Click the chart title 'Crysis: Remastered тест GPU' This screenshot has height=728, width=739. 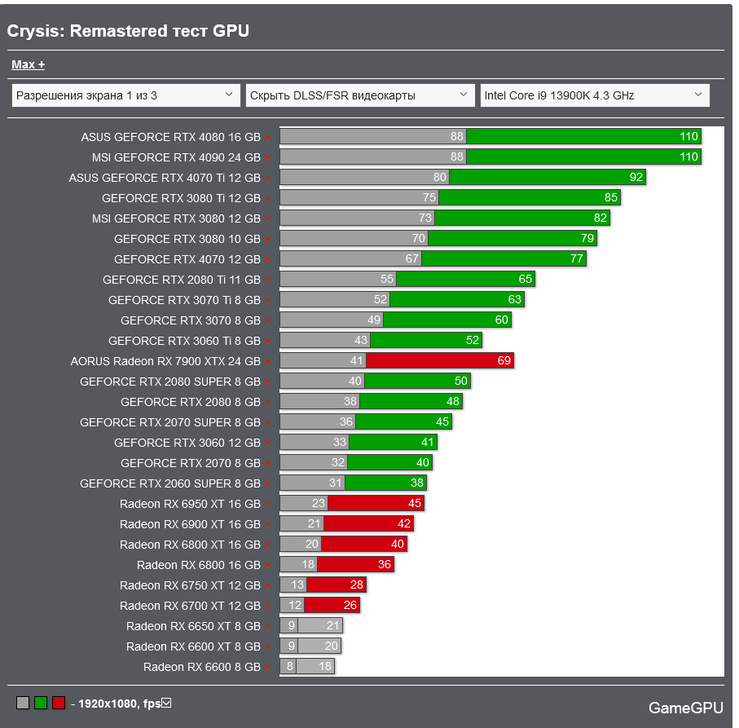point(128,31)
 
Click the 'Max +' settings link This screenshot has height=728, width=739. point(28,64)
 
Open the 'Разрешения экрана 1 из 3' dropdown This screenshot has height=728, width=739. point(126,95)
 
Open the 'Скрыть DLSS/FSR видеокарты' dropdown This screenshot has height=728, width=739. point(360,95)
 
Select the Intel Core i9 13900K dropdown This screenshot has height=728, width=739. point(594,95)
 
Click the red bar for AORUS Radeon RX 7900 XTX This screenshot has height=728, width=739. point(440,361)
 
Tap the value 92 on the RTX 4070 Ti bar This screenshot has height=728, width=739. point(636,178)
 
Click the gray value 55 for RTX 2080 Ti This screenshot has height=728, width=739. point(386,280)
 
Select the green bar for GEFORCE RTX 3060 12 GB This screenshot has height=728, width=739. point(393,443)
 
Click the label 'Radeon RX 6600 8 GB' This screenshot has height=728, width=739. point(201,667)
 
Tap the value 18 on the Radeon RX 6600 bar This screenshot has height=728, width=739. point(324,667)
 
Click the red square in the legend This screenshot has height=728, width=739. point(59,703)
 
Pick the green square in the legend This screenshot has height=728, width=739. point(41,703)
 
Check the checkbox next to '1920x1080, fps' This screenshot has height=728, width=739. point(166,703)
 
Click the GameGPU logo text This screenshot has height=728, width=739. point(684,708)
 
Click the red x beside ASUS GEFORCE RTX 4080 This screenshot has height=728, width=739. point(268,138)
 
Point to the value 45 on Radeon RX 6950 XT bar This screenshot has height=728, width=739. point(414,504)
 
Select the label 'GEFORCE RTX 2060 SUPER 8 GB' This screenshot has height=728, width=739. point(170,483)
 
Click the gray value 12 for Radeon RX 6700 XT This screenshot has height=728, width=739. point(294,606)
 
